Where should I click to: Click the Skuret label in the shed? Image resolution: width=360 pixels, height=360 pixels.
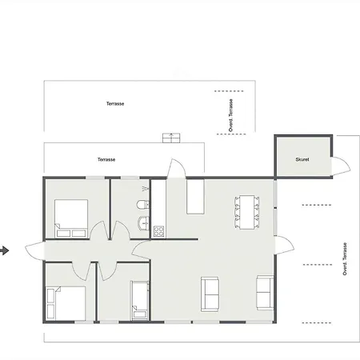302,159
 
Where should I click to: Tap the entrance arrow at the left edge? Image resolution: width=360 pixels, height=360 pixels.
5,250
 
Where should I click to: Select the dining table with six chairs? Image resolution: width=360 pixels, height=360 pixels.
247,212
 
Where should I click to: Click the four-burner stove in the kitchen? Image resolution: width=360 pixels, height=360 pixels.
158,231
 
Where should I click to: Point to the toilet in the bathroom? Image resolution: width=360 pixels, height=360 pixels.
143,205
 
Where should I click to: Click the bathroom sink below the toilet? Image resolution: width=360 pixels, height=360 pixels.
143,223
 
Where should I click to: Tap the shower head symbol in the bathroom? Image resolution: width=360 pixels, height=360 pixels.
145,189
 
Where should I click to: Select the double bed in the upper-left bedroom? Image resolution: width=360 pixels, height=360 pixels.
71,218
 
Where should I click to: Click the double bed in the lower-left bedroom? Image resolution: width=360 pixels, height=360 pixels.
66,303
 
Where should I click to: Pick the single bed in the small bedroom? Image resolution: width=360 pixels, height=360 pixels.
140,300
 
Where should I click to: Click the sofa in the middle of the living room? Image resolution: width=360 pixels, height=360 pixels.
210,294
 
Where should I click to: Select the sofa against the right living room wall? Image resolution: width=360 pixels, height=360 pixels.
265,293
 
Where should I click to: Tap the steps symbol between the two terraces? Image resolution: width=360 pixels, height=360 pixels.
171,138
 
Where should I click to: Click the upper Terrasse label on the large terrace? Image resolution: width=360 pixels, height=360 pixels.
115,104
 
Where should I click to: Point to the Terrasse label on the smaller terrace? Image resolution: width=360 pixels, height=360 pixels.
106,159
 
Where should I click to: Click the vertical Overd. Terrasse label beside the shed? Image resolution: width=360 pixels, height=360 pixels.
345,259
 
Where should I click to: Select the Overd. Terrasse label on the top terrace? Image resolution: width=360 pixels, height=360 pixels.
231,115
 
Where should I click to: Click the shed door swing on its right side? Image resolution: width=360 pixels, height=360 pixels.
341,166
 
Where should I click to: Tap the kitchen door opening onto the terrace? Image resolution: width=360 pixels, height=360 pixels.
176,169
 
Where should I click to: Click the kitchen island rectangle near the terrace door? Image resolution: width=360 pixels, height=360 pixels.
195,197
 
